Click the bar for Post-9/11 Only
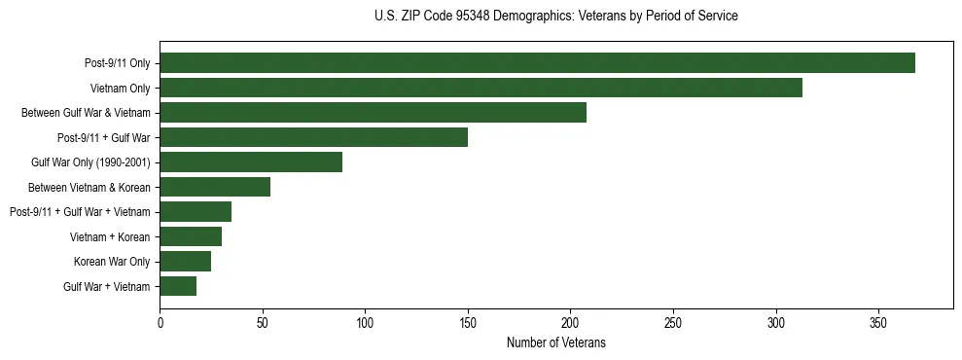[537, 63]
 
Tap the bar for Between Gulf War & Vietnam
[373, 113]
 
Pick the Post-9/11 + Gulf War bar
[313, 137]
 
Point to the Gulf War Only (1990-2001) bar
[251, 162]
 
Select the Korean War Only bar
[185, 262]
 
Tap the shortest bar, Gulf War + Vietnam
[178, 286]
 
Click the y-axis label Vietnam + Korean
[110, 236]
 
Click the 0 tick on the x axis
[160, 322]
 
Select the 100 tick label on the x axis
[365, 322]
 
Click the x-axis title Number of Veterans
[555, 342]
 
